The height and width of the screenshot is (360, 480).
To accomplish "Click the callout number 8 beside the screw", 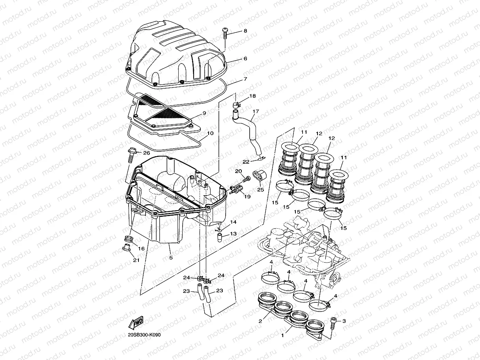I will click(245, 31).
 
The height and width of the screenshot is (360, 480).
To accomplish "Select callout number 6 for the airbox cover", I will click(245, 58).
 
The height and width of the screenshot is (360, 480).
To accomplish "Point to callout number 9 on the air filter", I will click(204, 113).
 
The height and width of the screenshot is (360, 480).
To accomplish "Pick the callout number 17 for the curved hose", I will click(256, 112).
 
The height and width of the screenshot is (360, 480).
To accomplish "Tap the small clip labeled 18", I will click(237, 104).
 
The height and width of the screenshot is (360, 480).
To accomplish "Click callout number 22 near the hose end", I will click(246, 162).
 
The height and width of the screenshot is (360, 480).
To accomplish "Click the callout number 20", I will click(238, 171).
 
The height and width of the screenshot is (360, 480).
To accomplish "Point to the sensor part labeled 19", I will click(235, 190).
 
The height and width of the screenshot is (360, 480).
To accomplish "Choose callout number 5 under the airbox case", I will click(171, 258).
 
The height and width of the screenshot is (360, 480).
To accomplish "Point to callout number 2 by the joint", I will click(260, 321).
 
